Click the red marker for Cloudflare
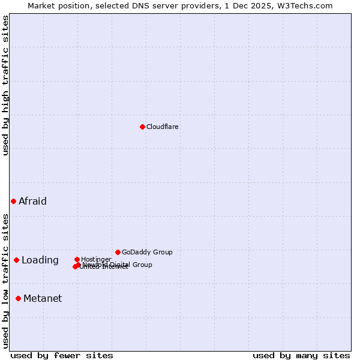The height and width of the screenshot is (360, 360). pyautogui.click(x=142, y=127)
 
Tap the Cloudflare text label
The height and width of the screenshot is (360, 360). pyautogui.click(x=163, y=127)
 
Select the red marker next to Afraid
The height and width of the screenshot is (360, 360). pyautogui.click(x=13, y=201)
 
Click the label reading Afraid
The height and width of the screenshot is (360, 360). pyautogui.click(x=32, y=201)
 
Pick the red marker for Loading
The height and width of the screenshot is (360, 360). pyautogui.click(x=16, y=260)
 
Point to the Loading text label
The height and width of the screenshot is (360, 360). pyautogui.click(x=40, y=260)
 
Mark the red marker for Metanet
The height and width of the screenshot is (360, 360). pyautogui.click(x=18, y=298)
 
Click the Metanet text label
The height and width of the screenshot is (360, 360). pyautogui.click(x=43, y=298)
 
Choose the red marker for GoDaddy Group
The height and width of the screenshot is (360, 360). pyautogui.click(x=118, y=252)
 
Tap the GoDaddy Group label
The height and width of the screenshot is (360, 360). pyautogui.click(x=147, y=252)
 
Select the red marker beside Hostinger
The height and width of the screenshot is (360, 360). pyautogui.click(x=77, y=259)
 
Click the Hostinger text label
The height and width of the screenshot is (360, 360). pyautogui.click(x=96, y=259)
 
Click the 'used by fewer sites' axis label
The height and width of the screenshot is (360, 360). pyautogui.click(x=62, y=355)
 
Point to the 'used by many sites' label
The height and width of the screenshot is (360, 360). pyautogui.click(x=301, y=355)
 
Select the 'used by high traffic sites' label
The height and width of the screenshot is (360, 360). pyautogui.click(x=5, y=85)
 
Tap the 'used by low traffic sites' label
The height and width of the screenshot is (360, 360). pyautogui.click(x=5, y=281)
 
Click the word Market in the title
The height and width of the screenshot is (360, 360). pyautogui.click(x=41, y=5)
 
